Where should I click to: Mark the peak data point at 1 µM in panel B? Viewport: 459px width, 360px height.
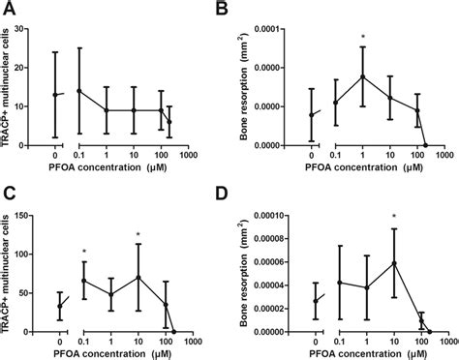(361, 76)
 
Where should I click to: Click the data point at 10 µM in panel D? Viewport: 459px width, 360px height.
(393, 262)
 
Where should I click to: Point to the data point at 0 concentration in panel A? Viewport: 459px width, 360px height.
(54, 95)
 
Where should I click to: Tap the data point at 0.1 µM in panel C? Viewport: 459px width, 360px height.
(84, 281)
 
